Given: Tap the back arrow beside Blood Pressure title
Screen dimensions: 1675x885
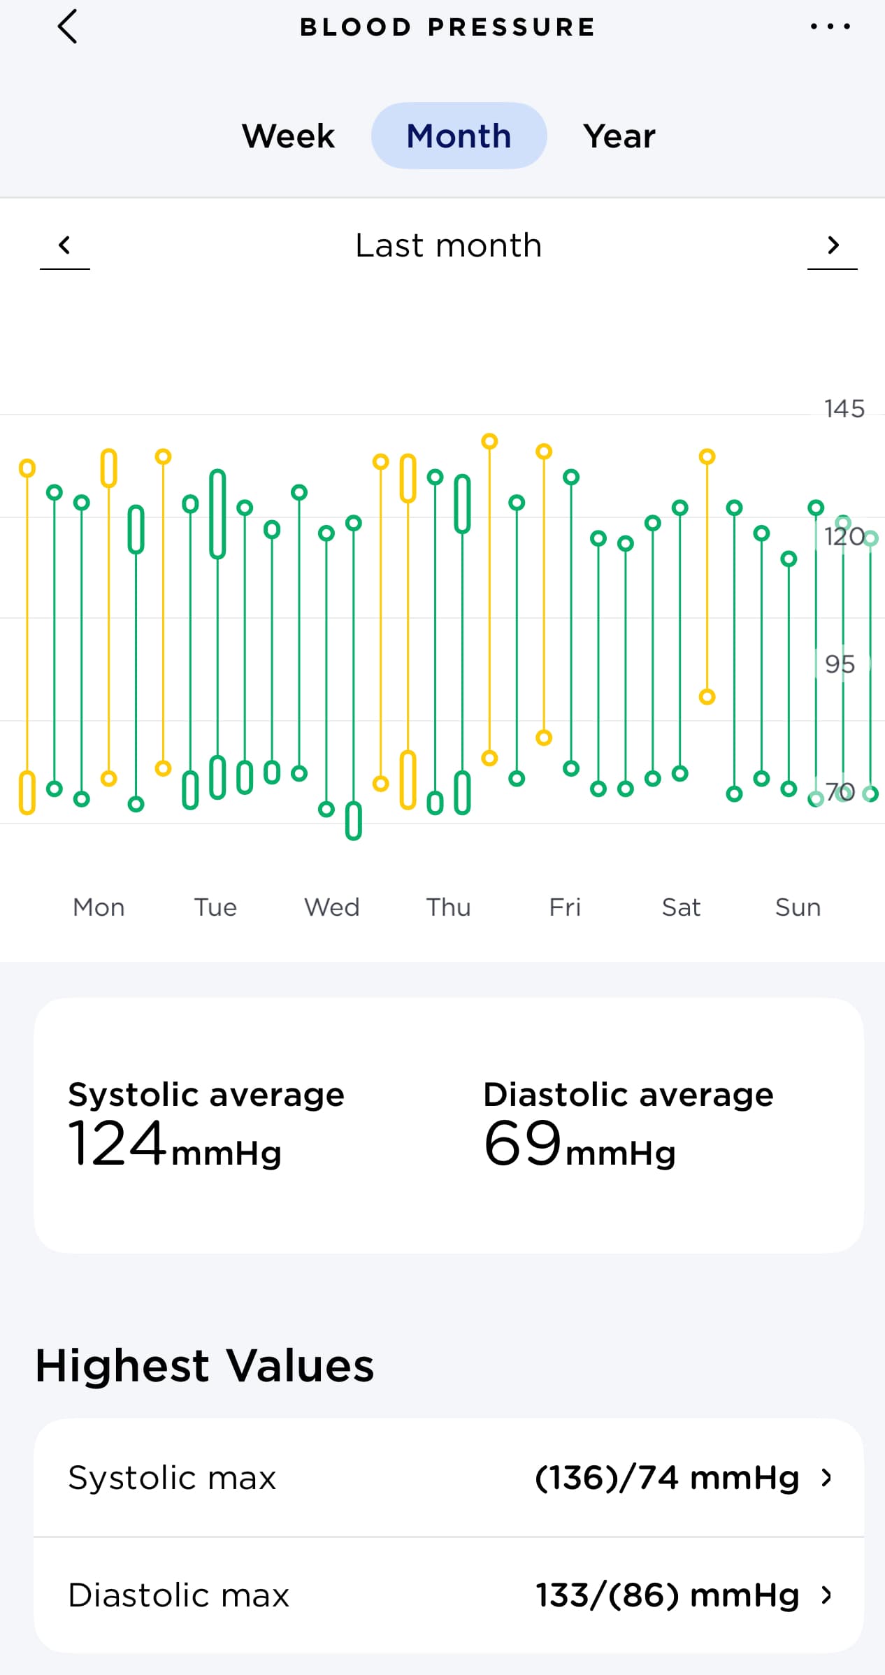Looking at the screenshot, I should tap(67, 27).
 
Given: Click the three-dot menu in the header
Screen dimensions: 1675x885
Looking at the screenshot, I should tap(830, 27).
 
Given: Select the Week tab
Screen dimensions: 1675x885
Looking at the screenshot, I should tap(288, 136).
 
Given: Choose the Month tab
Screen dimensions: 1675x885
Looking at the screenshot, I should tap(459, 136).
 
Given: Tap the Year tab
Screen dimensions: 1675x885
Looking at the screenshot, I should tap(619, 136).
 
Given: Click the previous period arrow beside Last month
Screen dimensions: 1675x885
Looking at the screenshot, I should tap(65, 245).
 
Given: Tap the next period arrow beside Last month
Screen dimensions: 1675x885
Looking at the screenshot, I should tap(832, 245).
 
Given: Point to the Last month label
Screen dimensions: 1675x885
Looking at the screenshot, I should tap(448, 245).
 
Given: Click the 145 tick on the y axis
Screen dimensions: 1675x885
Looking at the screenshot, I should tap(844, 408).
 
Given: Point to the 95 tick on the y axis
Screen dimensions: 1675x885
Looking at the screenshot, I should tap(840, 663).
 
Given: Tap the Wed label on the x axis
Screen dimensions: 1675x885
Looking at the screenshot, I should tap(331, 907).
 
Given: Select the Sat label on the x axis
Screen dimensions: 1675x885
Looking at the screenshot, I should tap(681, 907).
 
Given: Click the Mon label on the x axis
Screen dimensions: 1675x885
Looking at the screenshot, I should tap(99, 907).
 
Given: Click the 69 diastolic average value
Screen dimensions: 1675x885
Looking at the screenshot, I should tap(522, 1144).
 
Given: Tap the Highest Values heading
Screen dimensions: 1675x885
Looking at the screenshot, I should tap(204, 1365).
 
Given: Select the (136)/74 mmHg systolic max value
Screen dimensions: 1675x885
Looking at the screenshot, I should tap(666, 1478).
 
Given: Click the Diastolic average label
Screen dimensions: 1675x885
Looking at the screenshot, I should tap(628, 1094).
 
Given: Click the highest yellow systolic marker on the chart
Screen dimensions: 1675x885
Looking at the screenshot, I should tap(489, 441).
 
